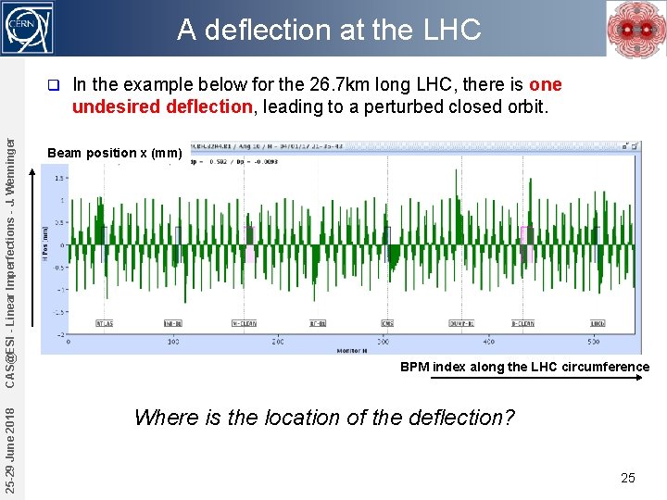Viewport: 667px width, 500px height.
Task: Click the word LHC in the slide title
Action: tap(452, 31)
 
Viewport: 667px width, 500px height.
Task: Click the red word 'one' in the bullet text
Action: tap(545, 85)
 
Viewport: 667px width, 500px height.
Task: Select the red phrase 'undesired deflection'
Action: tap(162, 106)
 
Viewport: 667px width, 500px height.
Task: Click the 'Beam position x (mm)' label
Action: tap(114, 153)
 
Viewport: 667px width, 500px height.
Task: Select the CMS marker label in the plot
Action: tap(387, 324)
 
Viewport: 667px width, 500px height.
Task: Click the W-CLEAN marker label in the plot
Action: tap(244, 324)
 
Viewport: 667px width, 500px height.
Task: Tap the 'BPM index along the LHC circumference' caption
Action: tap(524, 367)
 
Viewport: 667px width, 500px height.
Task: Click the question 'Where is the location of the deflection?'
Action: tap(324, 418)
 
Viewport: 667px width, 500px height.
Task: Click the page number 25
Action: tap(628, 478)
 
